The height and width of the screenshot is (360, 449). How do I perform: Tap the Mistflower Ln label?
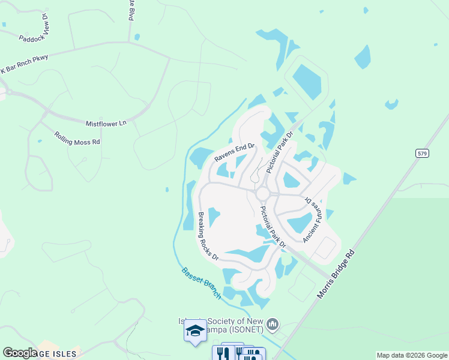click(106, 124)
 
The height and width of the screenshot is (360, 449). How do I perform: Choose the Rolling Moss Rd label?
click(77, 139)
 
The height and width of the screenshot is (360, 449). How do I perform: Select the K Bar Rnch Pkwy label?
click(24, 63)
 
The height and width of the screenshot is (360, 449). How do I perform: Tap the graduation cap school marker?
click(195, 332)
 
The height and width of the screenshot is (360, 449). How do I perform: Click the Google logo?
click(20, 353)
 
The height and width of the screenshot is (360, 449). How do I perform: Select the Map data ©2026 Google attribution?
click(412, 355)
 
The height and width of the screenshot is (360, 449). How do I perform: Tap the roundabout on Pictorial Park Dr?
click(262, 193)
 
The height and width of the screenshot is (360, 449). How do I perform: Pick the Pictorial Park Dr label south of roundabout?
click(273, 227)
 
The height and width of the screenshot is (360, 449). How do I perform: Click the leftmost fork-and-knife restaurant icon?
click(220, 353)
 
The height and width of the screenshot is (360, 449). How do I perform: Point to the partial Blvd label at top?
click(130, 11)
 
